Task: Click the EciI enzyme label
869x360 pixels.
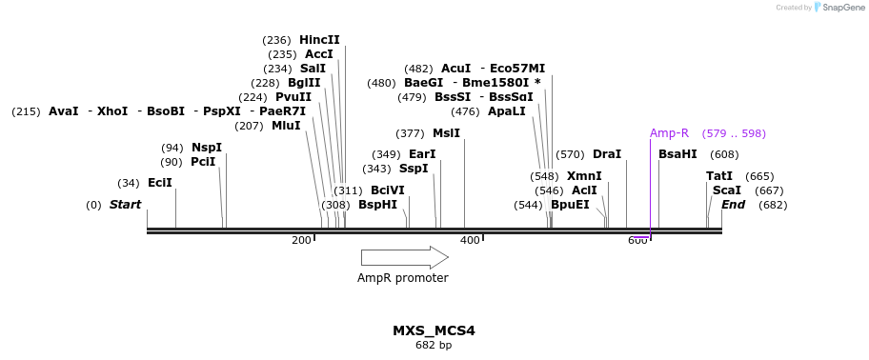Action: point(160,183)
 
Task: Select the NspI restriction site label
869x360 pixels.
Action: point(207,148)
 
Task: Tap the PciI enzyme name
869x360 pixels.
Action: point(203,162)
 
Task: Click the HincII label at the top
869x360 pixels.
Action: point(319,40)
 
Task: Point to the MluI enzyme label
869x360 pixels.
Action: point(286,126)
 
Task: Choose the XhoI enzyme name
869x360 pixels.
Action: point(112,111)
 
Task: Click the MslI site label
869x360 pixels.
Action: point(446,133)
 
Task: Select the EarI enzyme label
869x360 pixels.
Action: point(422,154)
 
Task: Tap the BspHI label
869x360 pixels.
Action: point(377,205)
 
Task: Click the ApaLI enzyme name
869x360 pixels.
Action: point(506,111)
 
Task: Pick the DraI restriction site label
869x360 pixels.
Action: point(607,154)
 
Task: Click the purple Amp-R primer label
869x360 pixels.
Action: point(669,133)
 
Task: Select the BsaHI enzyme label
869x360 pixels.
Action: point(677,154)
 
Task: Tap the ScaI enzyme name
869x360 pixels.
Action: point(727,190)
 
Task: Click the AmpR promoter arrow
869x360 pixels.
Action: point(404,257)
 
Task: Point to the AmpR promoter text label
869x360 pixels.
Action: point(402,278)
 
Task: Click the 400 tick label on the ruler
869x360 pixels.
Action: point(470,241)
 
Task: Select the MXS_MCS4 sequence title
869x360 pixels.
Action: point(434,330)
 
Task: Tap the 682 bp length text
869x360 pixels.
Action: point(434,345)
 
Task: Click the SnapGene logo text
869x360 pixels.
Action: point(839,8)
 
